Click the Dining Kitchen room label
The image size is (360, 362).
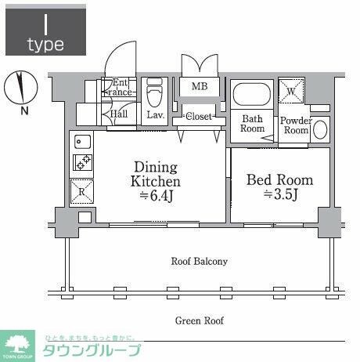coord(155,180)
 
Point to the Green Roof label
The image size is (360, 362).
coord(199,320)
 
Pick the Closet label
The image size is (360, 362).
coord(199,117)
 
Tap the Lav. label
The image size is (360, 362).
coord(156,114)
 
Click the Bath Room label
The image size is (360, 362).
coord(252,125)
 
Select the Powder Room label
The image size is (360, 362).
coord(295,125)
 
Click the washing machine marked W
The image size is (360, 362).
coord(291,92)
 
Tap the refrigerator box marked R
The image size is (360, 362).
coord(83,190)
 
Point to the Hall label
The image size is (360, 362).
coord(119,114)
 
